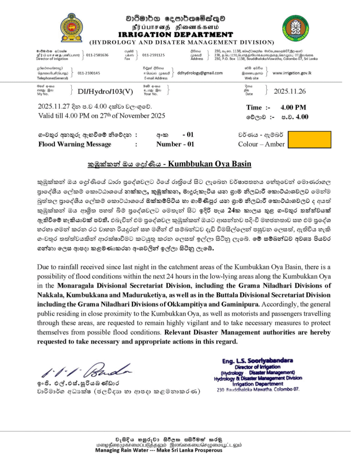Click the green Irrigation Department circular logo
[x=295, y=28]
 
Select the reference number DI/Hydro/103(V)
[x=105, y=91]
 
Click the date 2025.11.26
[x=291, y=91]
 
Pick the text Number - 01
[x=175, y=144]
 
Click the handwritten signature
[x=80, y=373]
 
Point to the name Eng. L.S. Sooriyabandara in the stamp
[x=258, y=361]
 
